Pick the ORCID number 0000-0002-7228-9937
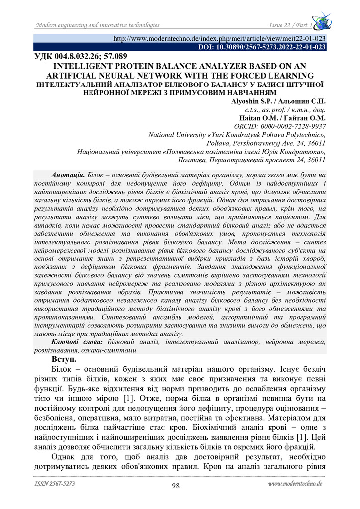294,126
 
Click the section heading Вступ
65,358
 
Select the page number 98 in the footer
175,486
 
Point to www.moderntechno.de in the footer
295,483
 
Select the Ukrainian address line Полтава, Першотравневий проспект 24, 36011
252,160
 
